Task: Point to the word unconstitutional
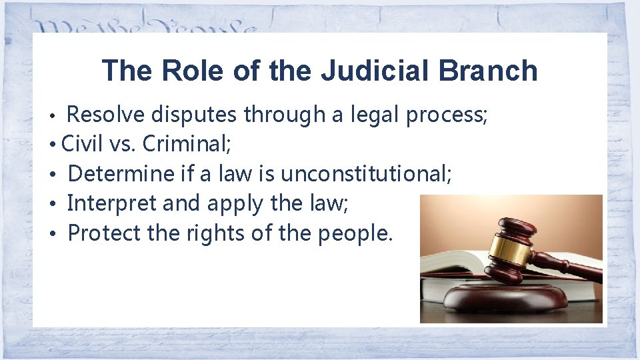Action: point(365,173)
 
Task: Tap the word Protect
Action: point(104,233)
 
